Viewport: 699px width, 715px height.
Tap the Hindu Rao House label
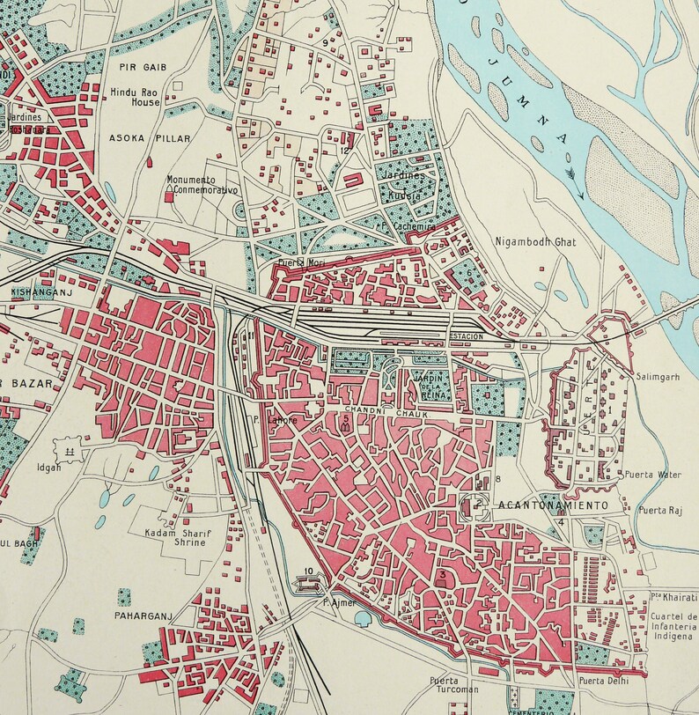click(x=136, y=97)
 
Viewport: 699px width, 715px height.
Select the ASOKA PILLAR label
click(x=137, y=138)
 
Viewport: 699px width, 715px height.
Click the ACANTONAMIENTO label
click(x=553, y=505)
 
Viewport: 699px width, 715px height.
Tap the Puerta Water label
click(x=651, y=475)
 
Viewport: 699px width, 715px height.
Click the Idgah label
click(x=48, y=468)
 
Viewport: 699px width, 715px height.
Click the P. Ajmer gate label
click(x=337, y=603)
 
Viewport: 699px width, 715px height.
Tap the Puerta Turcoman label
click(x=450, y=685)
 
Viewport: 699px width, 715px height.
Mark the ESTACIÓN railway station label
click(x=467, y=336)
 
